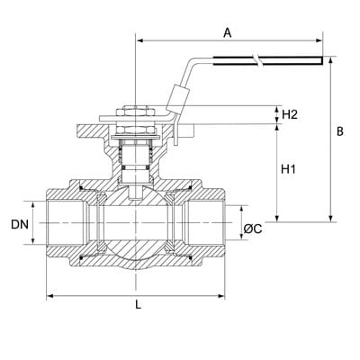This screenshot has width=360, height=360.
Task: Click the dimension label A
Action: (228, 32)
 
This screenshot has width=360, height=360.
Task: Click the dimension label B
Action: (340, 131)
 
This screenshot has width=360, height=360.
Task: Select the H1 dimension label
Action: (288, 169)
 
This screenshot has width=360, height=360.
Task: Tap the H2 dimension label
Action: (290, 114)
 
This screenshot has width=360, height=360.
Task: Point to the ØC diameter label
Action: (253, 229)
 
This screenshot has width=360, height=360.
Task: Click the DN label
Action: (20, 224)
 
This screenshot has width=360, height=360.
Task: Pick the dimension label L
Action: (138, 305)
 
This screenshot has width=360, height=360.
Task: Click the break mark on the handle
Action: (257, 60)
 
